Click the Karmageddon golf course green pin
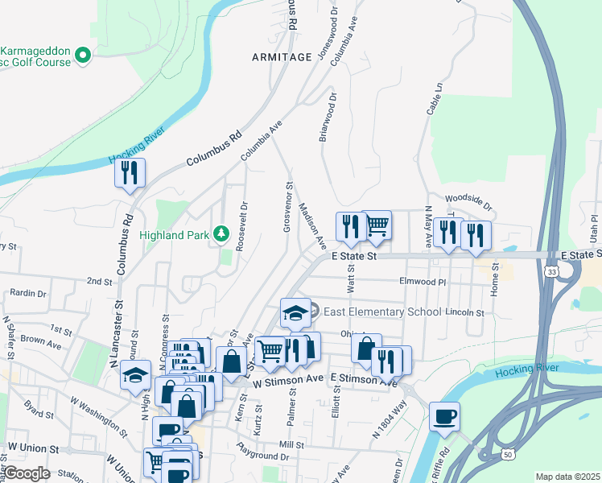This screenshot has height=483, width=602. (x=82, y=55)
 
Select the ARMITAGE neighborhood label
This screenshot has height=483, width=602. (x=281, y=57)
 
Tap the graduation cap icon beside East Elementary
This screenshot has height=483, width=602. (x=295, y=312)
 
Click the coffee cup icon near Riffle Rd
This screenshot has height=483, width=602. (x=444, y=416)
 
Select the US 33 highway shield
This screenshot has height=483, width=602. (x=551, y=272)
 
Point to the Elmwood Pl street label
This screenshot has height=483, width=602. (x=423, y=283)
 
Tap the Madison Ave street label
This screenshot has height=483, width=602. (x=312, y=225)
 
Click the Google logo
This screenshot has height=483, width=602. (x=27, y=473)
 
